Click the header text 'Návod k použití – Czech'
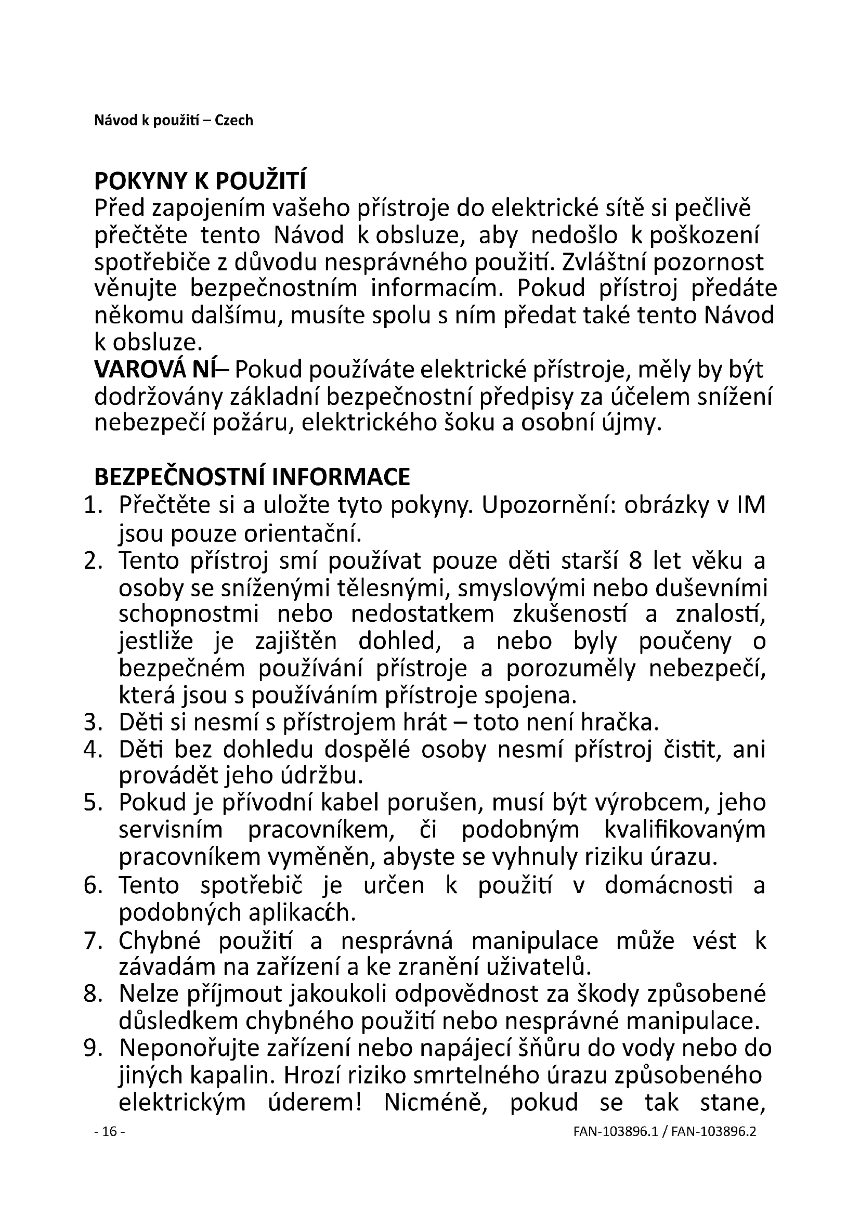tap(173, 121)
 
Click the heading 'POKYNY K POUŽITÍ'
tap(200, 181)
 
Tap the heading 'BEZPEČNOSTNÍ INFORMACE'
tap(252, 477)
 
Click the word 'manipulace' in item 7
tap(535, 939)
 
